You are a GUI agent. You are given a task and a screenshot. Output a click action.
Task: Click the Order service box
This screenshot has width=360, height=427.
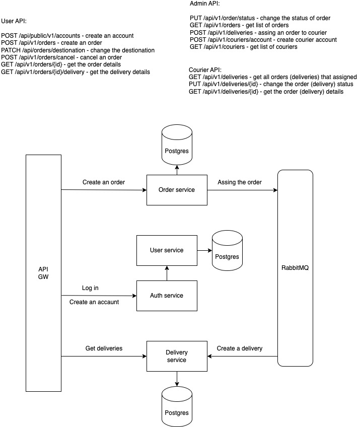[176, 189]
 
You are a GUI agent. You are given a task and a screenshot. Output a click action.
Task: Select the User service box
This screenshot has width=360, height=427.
[166, 250]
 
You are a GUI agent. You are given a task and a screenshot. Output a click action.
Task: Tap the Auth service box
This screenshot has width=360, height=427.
[166, 296]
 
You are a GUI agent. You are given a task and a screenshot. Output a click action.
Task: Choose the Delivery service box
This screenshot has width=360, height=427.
[176, 356]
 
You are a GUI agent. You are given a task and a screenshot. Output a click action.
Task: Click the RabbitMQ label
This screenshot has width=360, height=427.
[295, 268]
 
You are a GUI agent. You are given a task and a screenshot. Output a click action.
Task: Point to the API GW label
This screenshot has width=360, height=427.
[43, 272]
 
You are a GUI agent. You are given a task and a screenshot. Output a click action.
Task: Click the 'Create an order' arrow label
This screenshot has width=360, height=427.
[104, 182]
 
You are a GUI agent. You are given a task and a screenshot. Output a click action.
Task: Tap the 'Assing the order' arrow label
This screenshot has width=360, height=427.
[240, 182]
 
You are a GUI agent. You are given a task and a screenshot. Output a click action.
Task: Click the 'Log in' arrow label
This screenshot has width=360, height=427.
[90, 288]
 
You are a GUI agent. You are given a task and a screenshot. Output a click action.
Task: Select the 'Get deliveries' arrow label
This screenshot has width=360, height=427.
[104, 348]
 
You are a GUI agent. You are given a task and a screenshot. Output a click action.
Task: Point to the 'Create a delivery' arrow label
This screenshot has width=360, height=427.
[240, 348]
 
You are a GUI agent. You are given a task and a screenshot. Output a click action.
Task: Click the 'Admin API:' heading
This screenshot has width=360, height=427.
[201, 4]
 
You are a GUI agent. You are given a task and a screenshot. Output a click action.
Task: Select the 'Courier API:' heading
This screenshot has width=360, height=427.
[205, 69]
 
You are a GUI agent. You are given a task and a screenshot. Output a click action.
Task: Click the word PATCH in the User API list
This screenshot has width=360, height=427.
[11, 50]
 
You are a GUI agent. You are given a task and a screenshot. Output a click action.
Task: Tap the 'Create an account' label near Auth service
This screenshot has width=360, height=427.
[94, 302]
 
